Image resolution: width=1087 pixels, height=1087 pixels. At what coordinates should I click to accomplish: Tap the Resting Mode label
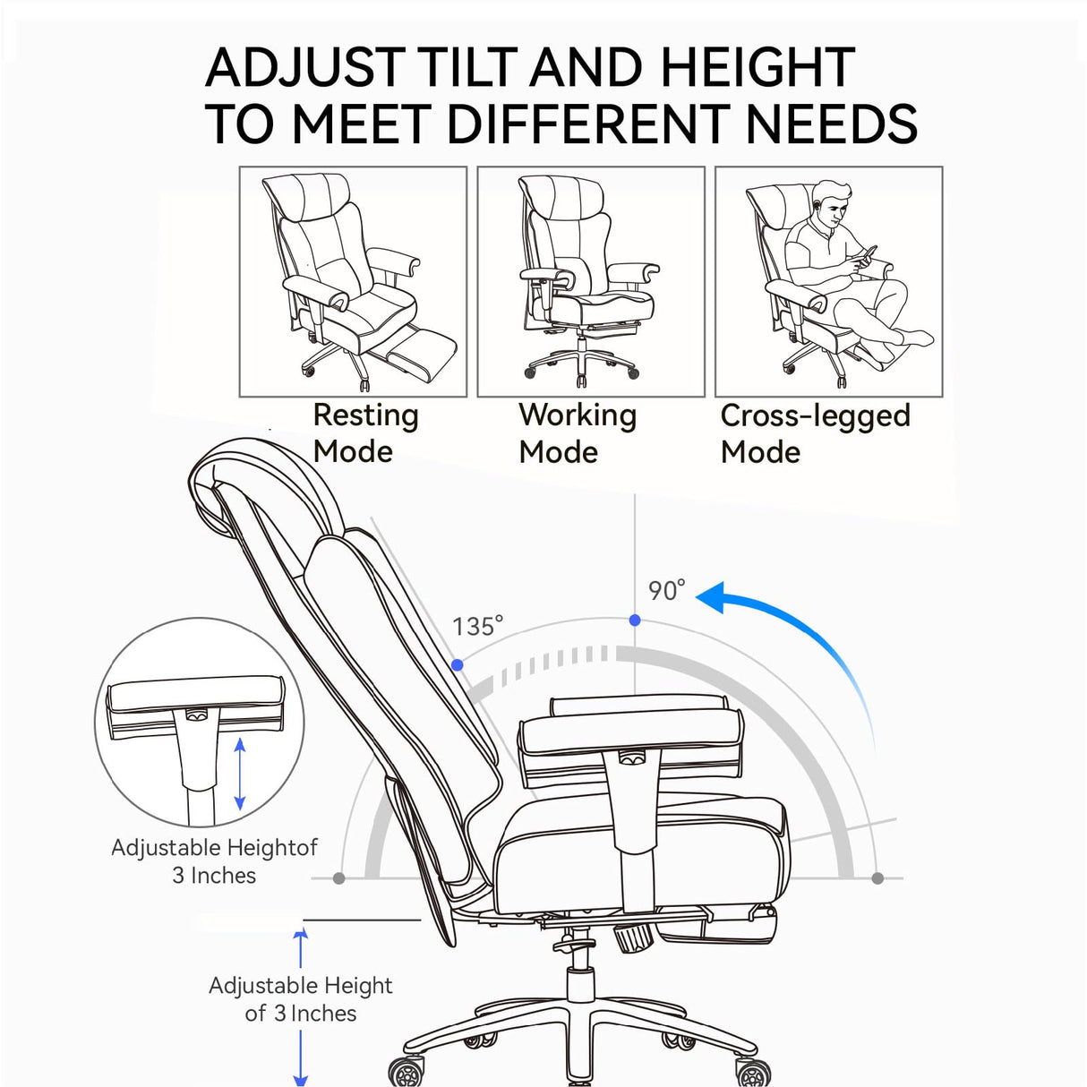click(x=364, y=432)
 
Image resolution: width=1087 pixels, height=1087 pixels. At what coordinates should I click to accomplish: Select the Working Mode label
click(x=577, y=432)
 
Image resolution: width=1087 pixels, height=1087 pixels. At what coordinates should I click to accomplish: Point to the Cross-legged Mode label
click(x=814, y=432)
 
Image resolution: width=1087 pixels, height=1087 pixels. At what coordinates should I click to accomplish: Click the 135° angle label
click(x=477, y=626)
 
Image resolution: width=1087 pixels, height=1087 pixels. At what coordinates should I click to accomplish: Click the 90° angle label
click(x=666, y=590)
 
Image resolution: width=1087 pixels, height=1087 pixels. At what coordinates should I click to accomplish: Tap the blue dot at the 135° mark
click(x=458, y=664)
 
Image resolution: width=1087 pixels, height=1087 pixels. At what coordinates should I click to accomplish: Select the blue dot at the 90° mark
click(x=635, y=620)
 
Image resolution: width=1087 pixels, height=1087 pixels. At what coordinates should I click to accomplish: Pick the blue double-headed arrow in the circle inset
click(x=239, y=775)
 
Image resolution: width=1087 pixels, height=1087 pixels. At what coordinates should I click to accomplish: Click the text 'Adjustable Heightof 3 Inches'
click(x=214, y=860)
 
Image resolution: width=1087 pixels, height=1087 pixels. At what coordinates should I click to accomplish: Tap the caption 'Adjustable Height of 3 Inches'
click(x=300, y=999)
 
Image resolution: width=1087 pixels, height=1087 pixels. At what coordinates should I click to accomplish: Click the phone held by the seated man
click(x=866, y=256)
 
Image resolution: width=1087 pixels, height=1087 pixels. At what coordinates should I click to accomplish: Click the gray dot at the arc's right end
click(x=877, y=878)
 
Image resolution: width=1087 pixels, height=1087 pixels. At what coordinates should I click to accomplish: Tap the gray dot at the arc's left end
click(x=338, y=878)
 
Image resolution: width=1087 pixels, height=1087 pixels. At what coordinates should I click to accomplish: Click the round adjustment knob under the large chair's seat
click(x=633, y=939)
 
